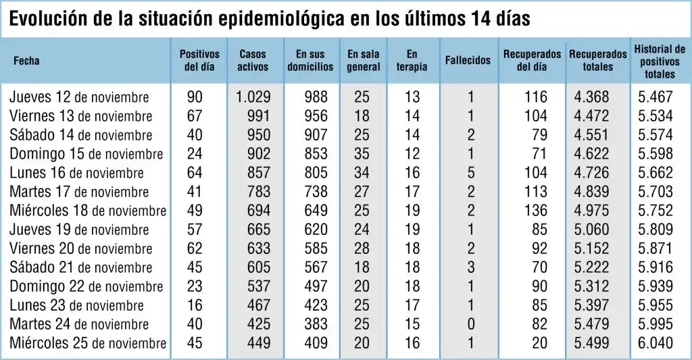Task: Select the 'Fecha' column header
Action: (x=27, y=61)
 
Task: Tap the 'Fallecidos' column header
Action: (x=468, y=60)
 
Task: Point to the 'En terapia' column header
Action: (x=412, y=60)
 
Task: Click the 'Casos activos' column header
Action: (x=253, y=60)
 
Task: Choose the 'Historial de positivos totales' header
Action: (x=659, y=61)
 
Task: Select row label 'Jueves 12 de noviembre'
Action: (x=79, y=97)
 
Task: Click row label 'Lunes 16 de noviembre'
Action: (x=76, y=173)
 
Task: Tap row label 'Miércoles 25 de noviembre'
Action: (x=88, y=343)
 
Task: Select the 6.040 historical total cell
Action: (x=656, y=343)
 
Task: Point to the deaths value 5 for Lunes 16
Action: (x=471, y=173)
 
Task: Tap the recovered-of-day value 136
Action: (x=536, y=211)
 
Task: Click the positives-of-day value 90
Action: (x=194, y=97)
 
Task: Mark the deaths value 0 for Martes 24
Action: (x=471, y=324)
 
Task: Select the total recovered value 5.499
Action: (x=591, y=343)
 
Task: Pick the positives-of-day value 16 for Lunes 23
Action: (x=194, y=305)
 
